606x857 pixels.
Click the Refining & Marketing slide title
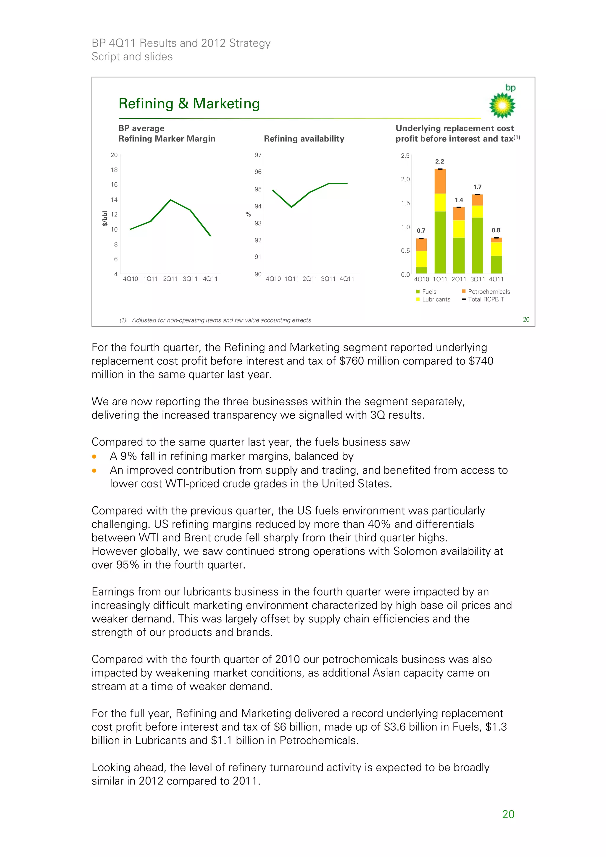coord(189,104)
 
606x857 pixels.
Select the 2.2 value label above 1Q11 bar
coord(439,162)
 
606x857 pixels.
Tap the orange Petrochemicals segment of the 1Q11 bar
coord(440,181)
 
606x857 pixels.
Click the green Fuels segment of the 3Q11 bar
coord(477,245)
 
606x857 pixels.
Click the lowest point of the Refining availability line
coord(291,207)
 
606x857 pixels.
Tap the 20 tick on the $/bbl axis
coord(114,155)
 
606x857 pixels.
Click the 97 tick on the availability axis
coord(258,155)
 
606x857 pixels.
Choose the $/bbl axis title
coord(105,218)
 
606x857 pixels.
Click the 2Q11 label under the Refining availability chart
coord(310,279)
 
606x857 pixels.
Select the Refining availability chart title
coord(304,139)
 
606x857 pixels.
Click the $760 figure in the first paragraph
coord(351,361)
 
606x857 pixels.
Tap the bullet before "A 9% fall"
coord(94,456)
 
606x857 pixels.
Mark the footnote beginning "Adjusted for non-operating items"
coord(221,320)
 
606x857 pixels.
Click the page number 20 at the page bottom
coord(508,814)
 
